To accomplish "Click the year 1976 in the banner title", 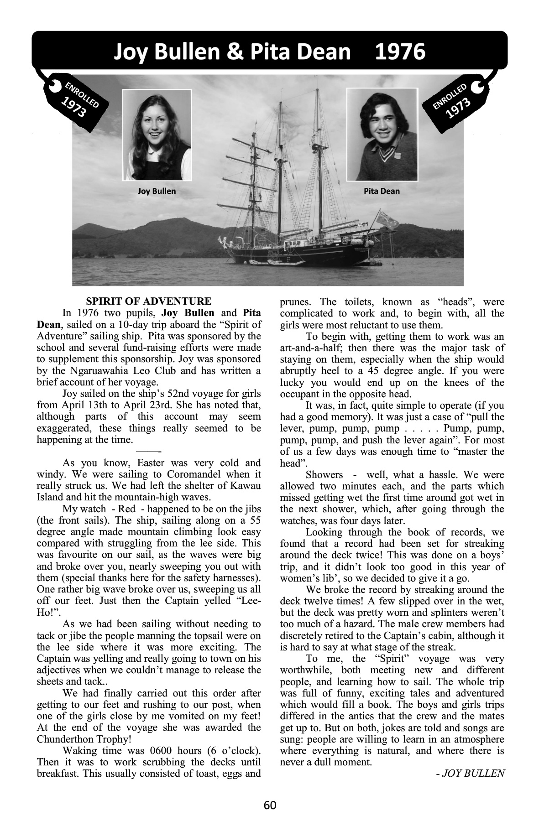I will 400,52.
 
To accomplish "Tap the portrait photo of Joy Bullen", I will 157,135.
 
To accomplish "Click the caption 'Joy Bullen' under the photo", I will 157,191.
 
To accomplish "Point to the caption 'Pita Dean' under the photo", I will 382,191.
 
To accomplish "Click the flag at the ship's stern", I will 387,220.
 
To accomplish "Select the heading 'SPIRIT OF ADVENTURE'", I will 149,301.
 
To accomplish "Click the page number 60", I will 270,805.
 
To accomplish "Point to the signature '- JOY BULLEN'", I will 470,773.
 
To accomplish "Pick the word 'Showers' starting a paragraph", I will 324,475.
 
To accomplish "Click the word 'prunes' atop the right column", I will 295,302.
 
